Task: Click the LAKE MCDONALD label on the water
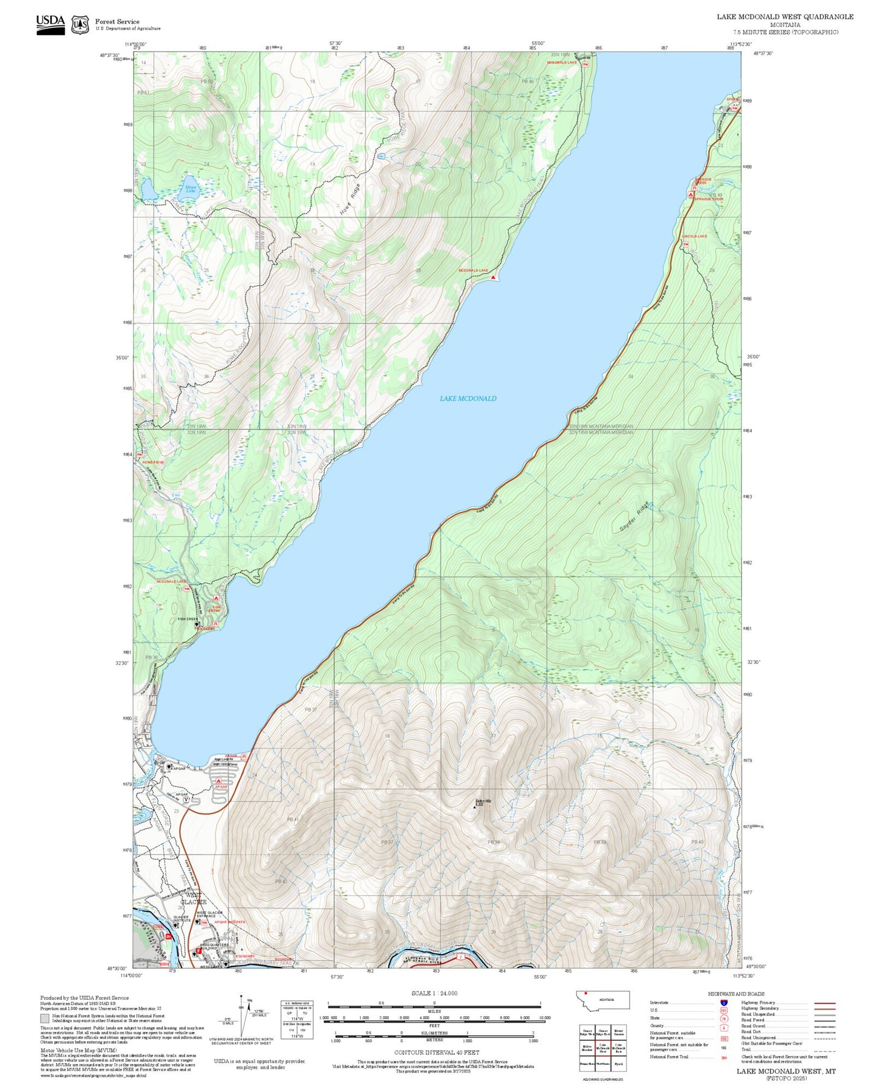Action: coord(468,399)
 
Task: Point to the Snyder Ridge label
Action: coord(634,517)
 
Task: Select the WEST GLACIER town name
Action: coord(194,898)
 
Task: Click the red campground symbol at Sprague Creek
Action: coord(691,195)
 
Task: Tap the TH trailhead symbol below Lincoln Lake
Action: coord(686,244)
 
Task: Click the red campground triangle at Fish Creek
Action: coord(216,598)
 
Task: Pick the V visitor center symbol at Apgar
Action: coord(187,800)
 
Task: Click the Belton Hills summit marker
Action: coord(475,806)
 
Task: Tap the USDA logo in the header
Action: coord(50,24)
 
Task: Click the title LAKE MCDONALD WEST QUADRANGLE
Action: coord(785,17)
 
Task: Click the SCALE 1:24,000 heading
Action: coord(434,994)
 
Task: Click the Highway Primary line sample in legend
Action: coord(825,1003)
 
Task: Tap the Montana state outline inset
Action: coord(604,1000)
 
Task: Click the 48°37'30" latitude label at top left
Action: coord(109,54)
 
